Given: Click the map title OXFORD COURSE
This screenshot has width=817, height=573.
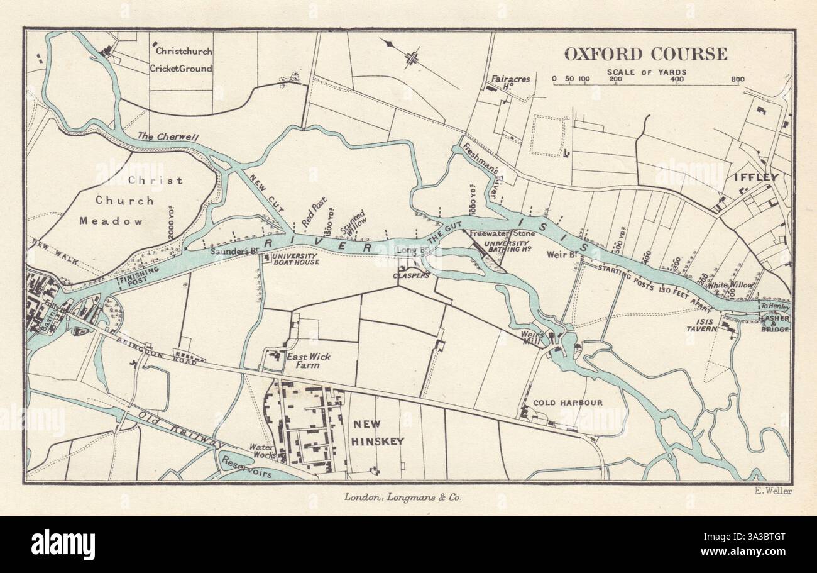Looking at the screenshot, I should [645, 54].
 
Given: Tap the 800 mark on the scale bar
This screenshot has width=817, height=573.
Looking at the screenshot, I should [737, 80].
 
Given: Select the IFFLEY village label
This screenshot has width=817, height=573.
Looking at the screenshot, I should [756, 177].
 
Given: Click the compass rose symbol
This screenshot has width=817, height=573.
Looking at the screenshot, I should [412, 58].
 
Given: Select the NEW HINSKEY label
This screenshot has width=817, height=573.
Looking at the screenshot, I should [377, 433].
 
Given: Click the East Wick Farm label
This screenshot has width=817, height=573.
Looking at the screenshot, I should [308, 360].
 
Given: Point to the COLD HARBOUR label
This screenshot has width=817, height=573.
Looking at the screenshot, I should [568, 403].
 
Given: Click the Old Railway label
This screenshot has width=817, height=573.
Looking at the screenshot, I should [182, 430].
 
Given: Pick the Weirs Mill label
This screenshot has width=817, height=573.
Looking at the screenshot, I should [533, 337].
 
